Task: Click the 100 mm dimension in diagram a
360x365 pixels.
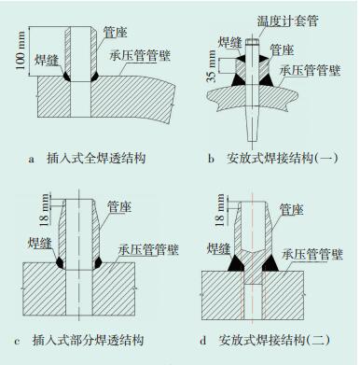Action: point(21,50)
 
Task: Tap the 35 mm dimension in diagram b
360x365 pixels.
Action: point(212,66)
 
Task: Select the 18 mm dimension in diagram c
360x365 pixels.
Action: point(44,209)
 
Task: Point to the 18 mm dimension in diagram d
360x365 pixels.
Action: point(220,209)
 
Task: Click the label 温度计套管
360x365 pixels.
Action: point(287,21)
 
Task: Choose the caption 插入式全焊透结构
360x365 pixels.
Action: point(96,159)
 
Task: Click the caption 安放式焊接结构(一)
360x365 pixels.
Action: point(283,159)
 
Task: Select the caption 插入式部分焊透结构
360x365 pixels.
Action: point(88,340)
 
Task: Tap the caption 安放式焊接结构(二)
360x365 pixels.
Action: point(274,340)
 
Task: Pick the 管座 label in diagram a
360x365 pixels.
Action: point(116,32)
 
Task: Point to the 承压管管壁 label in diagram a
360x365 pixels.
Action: point(140,56)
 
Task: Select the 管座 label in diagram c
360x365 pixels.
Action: point(119,207)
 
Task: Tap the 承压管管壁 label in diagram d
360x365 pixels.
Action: point(312,254)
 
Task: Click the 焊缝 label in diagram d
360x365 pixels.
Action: point(219,248)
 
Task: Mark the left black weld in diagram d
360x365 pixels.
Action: point(237,263)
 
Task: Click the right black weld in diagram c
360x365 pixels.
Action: point(98,263)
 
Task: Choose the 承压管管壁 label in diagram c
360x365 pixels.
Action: point(148,250)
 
